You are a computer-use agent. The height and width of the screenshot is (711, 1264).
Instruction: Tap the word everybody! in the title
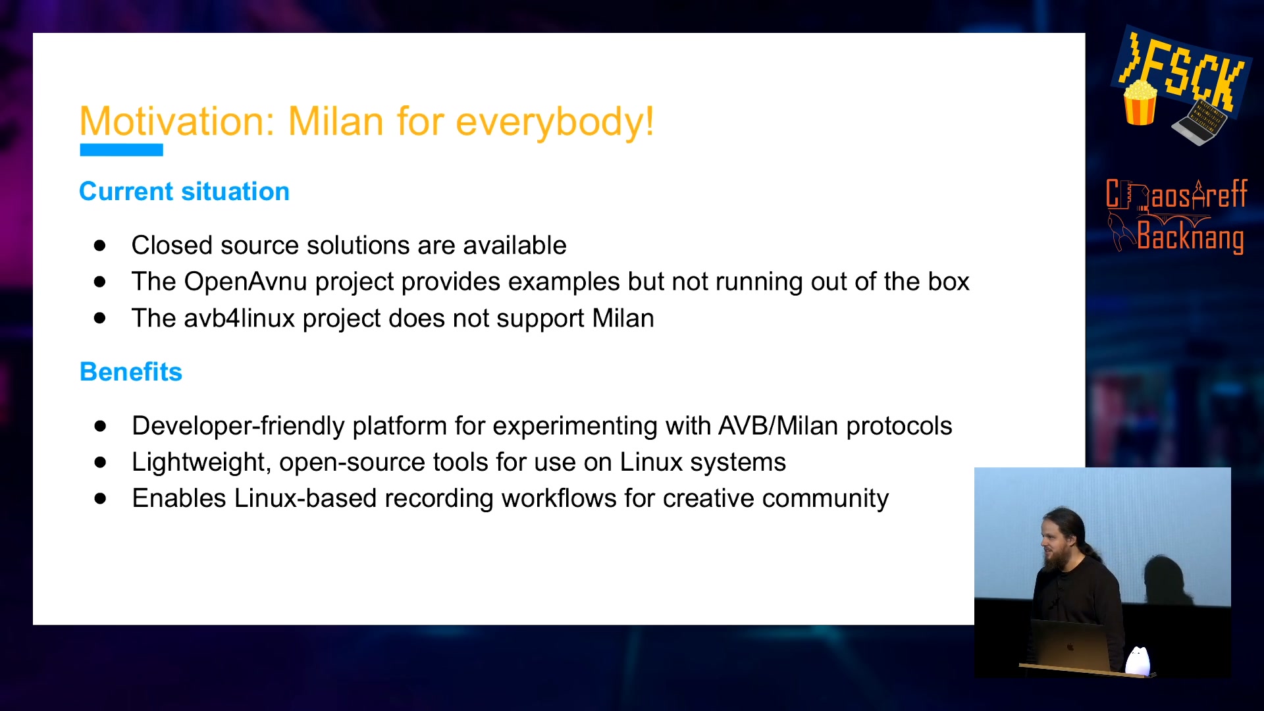[x=555, y=123]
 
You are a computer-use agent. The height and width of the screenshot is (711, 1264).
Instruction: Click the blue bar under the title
[x=121, y=150]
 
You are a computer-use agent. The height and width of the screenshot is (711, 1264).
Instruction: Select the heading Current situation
[x=184, y=192]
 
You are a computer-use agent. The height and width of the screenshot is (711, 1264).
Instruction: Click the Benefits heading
[x=131, y=372]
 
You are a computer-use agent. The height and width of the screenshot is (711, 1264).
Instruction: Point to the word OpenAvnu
[x=246, y=282]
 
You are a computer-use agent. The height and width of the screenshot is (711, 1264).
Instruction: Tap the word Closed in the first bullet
[x=172, y=246]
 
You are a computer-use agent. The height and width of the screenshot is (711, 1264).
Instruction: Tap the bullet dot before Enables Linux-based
[x=100, y=498]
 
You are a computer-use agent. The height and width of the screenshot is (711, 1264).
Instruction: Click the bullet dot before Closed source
[x=100, y=246]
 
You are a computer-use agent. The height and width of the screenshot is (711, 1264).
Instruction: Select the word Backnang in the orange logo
[x=1190, y=237]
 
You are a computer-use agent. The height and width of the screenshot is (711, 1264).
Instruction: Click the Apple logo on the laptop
[x=1070, y=647]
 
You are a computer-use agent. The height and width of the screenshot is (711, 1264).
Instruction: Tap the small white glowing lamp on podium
[x=1138, y=660]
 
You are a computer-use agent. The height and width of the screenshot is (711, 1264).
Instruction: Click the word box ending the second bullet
[x=949, y=282]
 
